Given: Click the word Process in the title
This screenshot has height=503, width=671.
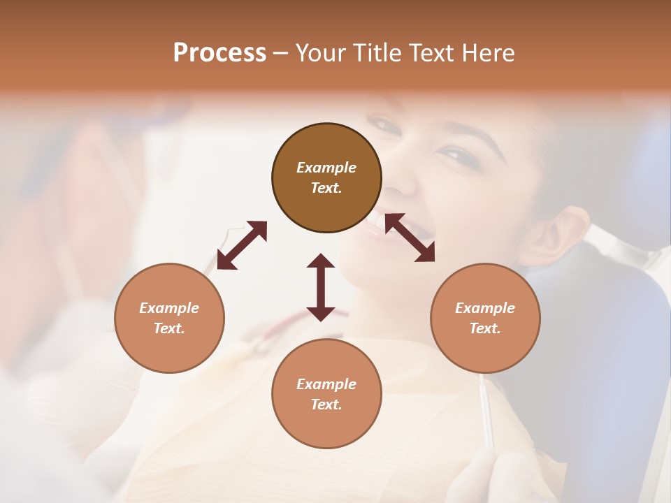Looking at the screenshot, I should point(219,53).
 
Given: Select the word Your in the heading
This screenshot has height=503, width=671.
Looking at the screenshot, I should point(322,53).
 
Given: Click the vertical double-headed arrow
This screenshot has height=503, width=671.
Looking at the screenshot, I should point(321,287).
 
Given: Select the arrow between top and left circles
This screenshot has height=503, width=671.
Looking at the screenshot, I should point(242,245).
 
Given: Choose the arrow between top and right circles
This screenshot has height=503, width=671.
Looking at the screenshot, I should point(410,238).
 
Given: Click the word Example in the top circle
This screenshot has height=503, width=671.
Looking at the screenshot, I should point(326,168).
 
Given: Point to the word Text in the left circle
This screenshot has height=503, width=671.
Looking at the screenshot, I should point(168,328).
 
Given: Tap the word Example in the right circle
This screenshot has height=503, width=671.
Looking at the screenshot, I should point(485,308).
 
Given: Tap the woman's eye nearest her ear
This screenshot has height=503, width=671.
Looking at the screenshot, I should point(458,154).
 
